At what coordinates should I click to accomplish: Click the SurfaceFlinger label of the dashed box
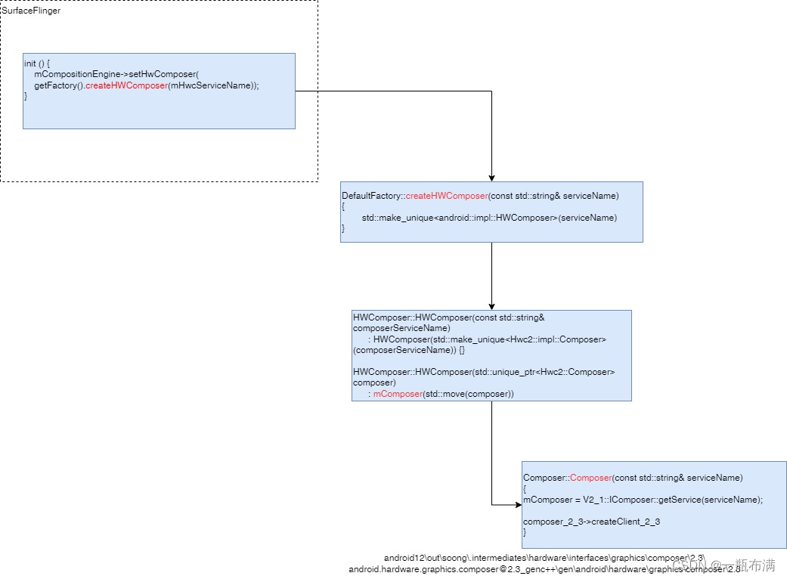tap(31, 11)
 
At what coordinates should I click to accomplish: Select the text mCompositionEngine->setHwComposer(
tap(116, 75)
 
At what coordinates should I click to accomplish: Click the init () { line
tap(37, 64)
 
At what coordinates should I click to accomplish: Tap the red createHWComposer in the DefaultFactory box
tap(447, 196)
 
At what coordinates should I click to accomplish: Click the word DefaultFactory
tap(370, 196)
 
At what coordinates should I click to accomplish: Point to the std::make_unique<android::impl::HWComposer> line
tap(488, 218)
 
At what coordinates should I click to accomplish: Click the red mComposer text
tap(398, 394)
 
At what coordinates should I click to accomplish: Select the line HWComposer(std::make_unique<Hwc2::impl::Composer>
tap(490, 339)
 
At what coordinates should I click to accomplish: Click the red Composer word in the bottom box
tap(590, 478)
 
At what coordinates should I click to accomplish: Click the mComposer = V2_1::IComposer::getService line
tap(643, 500)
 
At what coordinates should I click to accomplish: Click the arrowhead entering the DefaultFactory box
tap(491, 177)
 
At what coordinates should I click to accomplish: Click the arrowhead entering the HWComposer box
tap(491, 305)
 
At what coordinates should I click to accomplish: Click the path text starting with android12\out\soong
tap(544, 558)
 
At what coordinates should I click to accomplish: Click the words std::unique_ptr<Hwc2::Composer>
tap(544, 372)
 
